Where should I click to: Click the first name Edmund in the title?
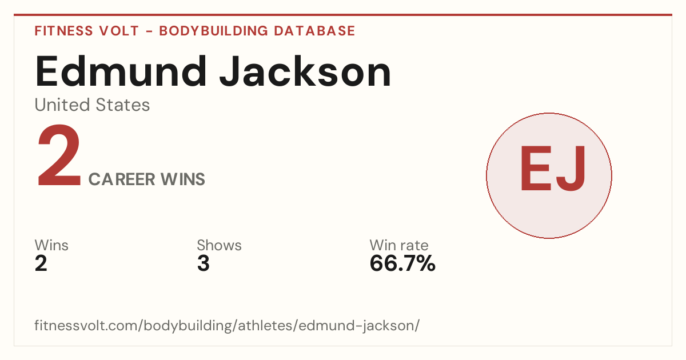(121, 71)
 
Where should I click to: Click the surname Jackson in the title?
(305, 71)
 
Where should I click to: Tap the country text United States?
(92, 105)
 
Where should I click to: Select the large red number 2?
(59, 155)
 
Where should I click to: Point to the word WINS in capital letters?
(183, 179)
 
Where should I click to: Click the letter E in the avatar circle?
(536, 169)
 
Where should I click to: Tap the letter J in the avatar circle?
(571, 169)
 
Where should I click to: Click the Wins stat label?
(51, 245)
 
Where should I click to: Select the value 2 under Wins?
(41, 263)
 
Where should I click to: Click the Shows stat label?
(220, 245)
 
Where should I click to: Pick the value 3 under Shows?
(204, 263)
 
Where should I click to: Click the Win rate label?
(399, 245)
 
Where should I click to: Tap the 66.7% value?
(402, 263)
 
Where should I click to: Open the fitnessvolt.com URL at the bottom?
(227, 325)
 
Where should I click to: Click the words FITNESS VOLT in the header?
(87, 31)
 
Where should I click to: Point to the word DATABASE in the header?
(314, 31)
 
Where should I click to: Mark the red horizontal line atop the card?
(343, 15)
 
